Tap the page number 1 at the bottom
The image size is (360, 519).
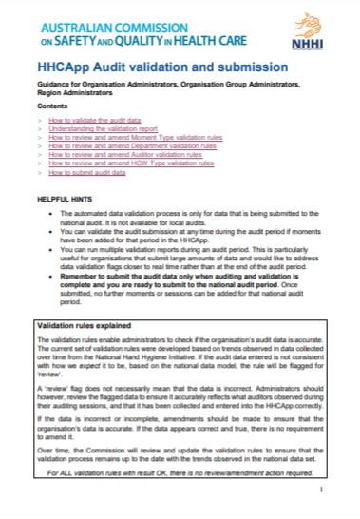click(322, 489)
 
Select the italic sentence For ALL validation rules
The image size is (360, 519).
click(180, 471)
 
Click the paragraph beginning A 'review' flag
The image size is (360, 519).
click(180, 396)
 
